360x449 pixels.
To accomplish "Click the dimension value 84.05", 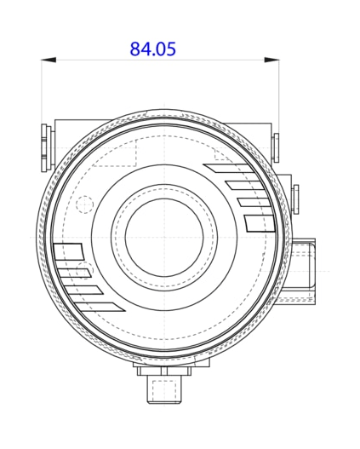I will click(x=153, y=49).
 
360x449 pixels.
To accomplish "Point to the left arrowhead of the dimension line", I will click(x=49, y=60).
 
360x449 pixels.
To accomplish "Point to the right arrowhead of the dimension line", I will click(x=272, y=60).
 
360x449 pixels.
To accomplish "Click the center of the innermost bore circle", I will click(x=162, y=236).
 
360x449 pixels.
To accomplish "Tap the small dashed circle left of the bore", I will click(x=84, y=205).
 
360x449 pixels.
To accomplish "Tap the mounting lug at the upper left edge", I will click(x=47, y=145).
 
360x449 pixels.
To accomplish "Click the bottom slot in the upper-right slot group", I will click(x=260, y=223).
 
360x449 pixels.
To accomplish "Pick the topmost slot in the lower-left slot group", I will click(x=68, y=252).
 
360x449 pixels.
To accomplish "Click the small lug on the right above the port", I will click(x=294, y=199).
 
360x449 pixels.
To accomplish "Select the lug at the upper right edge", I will click(x=276, y=148).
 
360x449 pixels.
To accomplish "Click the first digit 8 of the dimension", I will click(x=135, y=49).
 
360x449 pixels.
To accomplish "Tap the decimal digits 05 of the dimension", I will click(x=167, y=49).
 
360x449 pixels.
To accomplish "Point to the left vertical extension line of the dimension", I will click(x=42, y=94).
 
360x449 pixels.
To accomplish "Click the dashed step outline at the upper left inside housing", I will click(x=115, y=153).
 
